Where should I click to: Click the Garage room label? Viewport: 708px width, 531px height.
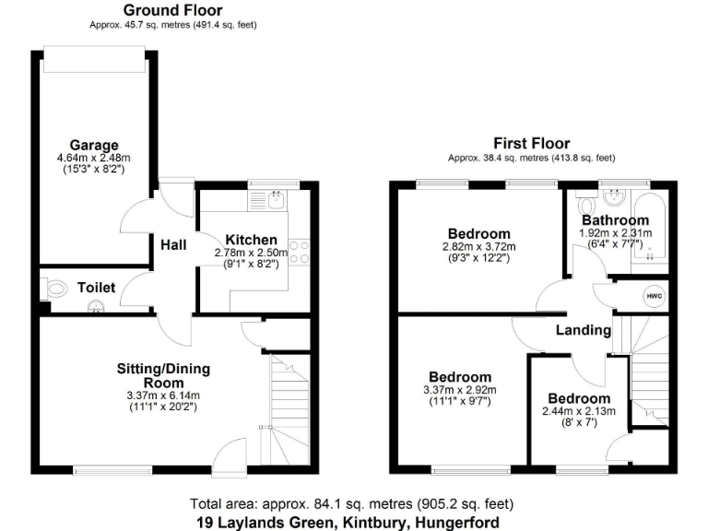pos(94,145)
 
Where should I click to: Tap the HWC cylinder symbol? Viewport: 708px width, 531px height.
pos(654,296)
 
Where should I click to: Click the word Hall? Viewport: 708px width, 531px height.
pos(173,245)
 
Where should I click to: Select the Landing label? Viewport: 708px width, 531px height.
pos(584,330)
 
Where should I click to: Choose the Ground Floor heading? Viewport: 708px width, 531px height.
pos(172,10)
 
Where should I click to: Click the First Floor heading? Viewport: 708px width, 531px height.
pos(532,144)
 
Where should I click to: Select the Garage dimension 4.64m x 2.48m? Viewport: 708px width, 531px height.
pos(94,158)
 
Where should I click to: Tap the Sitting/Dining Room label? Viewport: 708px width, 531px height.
pos(163,375)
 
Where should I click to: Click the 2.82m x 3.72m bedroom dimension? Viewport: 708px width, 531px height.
pos(479,247)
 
